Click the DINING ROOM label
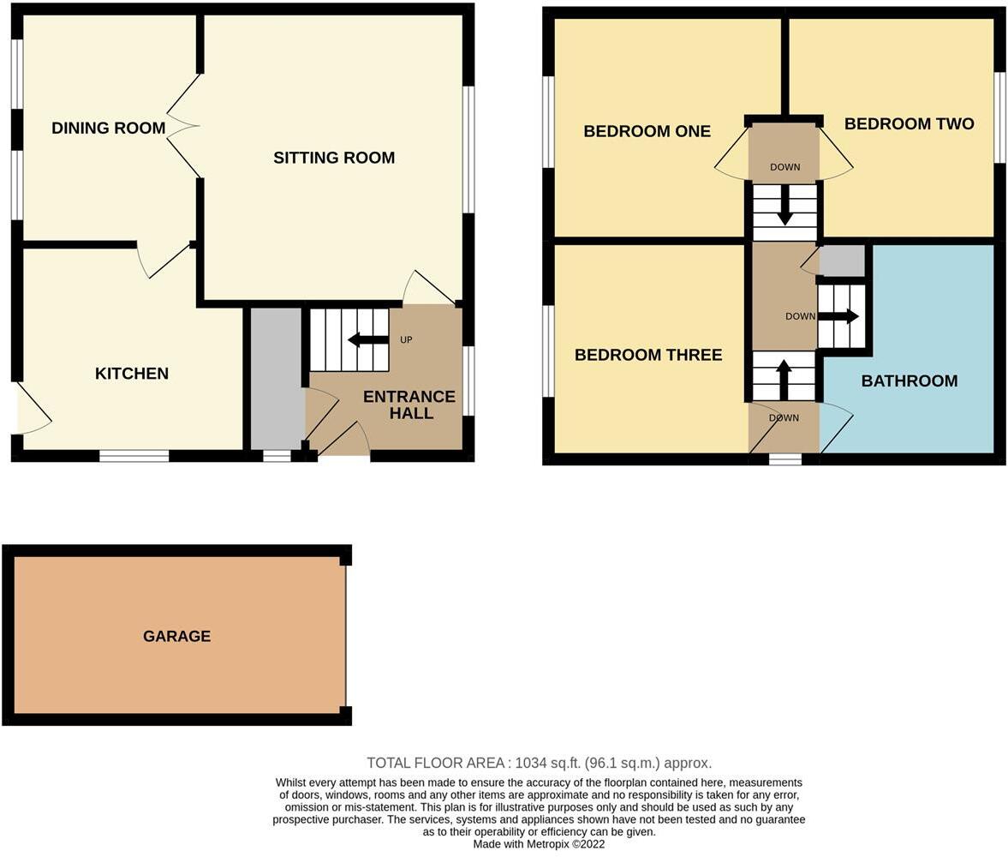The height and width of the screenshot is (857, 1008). point(108,129)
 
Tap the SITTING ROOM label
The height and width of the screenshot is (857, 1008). point(334,158)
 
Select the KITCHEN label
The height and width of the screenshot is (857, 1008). point(131,374)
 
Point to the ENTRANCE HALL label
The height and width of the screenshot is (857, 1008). point(409,405)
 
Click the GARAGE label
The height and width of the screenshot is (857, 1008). point(176,636)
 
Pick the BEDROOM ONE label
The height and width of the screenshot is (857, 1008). point(647,131)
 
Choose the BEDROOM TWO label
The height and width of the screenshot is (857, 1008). point(909,124)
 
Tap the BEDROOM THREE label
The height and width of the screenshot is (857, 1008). point(648,355)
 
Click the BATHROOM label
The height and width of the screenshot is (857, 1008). point(909,381)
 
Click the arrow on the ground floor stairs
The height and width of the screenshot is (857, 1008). point(368,340)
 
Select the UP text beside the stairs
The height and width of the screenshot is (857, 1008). point(406,340)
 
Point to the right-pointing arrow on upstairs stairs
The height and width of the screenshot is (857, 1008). point(838,316)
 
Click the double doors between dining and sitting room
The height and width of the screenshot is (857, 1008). point(183,127)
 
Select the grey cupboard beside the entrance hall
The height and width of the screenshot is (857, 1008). point(277,377)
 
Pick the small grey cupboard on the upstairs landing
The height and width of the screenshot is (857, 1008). point(843,261)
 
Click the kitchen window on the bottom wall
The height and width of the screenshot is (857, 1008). point(134,456)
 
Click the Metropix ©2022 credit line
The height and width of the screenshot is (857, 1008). point(539,844)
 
